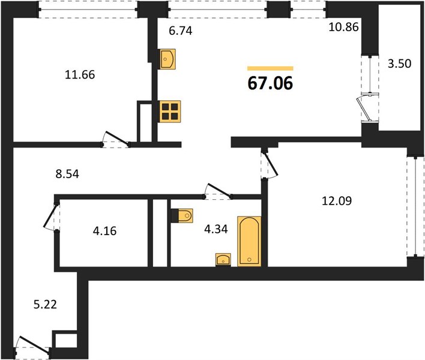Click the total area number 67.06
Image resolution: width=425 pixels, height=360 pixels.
270,83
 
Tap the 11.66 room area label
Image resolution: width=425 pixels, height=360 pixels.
80,75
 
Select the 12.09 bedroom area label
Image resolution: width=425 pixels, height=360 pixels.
337,201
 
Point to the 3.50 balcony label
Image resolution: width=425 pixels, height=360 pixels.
400,64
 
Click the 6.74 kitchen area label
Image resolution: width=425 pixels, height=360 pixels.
181,31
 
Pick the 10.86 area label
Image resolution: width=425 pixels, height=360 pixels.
344,27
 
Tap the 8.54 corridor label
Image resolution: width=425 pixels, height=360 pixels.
67,174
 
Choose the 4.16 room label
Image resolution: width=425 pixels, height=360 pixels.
104,231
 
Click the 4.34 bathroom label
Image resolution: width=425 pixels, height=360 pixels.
216,229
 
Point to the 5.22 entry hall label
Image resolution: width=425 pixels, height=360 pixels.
45,304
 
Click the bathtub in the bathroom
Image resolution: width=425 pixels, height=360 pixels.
249,241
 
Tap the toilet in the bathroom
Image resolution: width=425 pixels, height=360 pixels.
182,215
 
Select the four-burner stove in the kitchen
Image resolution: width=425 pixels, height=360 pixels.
170,112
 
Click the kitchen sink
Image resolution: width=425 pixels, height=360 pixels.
167,59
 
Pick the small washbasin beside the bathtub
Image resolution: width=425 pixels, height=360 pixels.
223,260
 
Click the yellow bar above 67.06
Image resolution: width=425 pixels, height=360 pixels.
270,68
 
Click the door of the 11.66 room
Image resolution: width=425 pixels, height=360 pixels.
116,140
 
